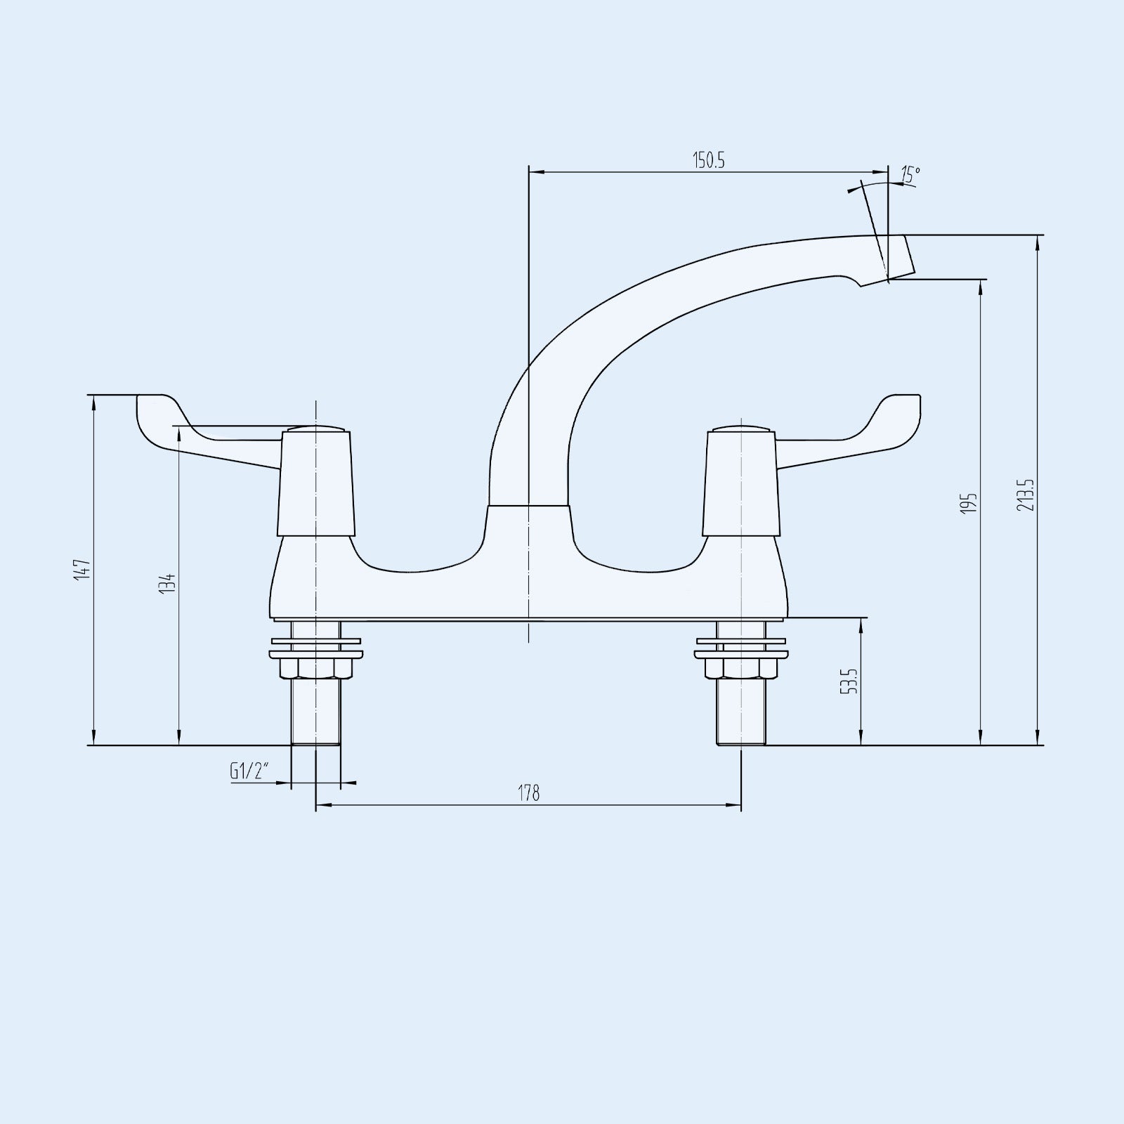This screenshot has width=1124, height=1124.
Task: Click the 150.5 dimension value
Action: (x=709, y=160)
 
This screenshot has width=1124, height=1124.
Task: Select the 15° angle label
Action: (x=910, y=175)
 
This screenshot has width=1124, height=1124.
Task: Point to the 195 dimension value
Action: (x=969, y=503)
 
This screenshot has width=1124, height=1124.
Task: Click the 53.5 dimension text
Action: (x=851, y=681)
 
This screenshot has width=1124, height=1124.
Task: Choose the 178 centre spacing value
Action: (x=529, y=793)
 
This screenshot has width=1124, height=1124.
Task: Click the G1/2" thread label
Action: (x=249, y=771)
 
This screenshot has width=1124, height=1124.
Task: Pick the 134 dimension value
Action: (x=167, y=584)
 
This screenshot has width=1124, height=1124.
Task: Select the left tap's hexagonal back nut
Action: (x=316, y=667)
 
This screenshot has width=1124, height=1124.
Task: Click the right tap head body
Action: (x=741, y=485)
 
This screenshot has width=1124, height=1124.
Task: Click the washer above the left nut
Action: (x=316, y=641)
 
